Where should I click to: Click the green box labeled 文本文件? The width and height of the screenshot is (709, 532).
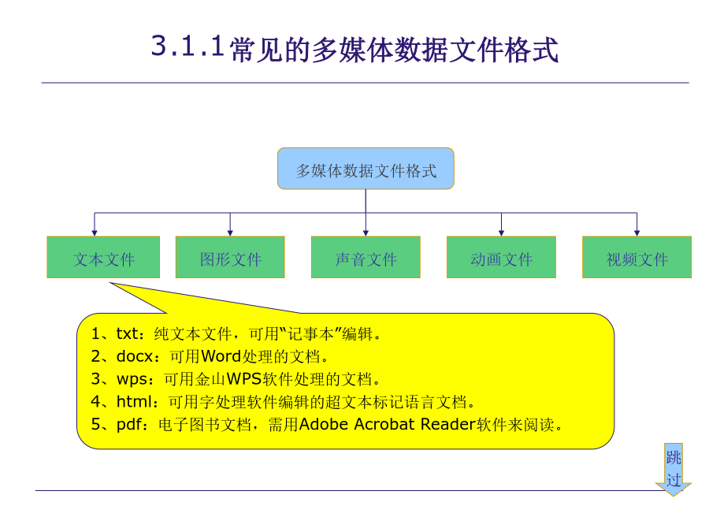(x=103, y=257)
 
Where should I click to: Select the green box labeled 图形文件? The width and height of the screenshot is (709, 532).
(x=230, y=257)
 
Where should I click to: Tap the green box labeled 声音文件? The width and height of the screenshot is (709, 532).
(x=366, y=257)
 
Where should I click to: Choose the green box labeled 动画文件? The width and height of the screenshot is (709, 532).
(x=501, y=257)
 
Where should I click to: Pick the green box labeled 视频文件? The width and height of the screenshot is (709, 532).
(x=637, y=257)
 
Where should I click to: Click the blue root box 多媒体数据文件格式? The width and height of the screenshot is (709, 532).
(x=366, y=169)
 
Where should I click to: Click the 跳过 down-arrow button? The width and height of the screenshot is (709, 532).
(x=674, y=469)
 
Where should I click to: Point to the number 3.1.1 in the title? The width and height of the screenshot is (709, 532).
(x=187, y=47)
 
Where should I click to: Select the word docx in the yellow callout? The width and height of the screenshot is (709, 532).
(x=135, y=356)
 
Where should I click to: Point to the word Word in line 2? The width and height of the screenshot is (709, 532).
(x=221, y=356)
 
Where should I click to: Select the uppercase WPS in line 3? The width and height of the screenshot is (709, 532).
(x=244, y=378)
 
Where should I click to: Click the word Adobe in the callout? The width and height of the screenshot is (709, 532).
(x=324, y=424)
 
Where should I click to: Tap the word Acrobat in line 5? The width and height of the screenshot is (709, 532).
(x=384, y=424)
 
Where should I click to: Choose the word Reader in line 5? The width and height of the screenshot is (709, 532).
(x=448, y=424)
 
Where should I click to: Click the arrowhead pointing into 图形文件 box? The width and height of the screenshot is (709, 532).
(x=230, y=233)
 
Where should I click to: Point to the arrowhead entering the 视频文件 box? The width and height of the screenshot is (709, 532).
(x=637, y=233)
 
